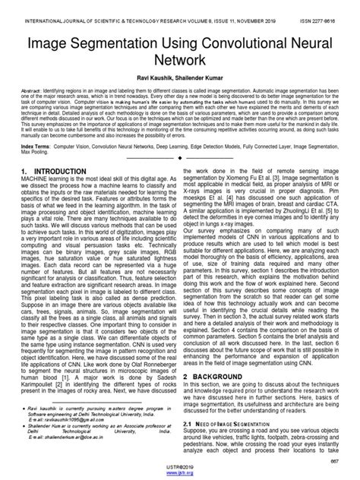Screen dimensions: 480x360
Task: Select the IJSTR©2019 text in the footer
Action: click(180, 466)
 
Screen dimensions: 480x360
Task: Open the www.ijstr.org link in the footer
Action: click(180, 472)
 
